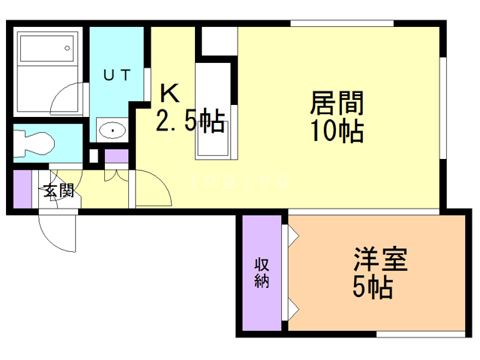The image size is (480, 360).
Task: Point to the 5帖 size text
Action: (x=373, y=287)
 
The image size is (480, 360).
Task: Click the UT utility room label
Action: (x=117, y=74)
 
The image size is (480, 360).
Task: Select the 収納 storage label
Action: (x=262, y=273)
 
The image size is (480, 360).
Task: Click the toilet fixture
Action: (x=34, y=142)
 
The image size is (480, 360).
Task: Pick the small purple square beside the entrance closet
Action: (x=116, y=158)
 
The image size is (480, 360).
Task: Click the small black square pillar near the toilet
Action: (x=92, y=158)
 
